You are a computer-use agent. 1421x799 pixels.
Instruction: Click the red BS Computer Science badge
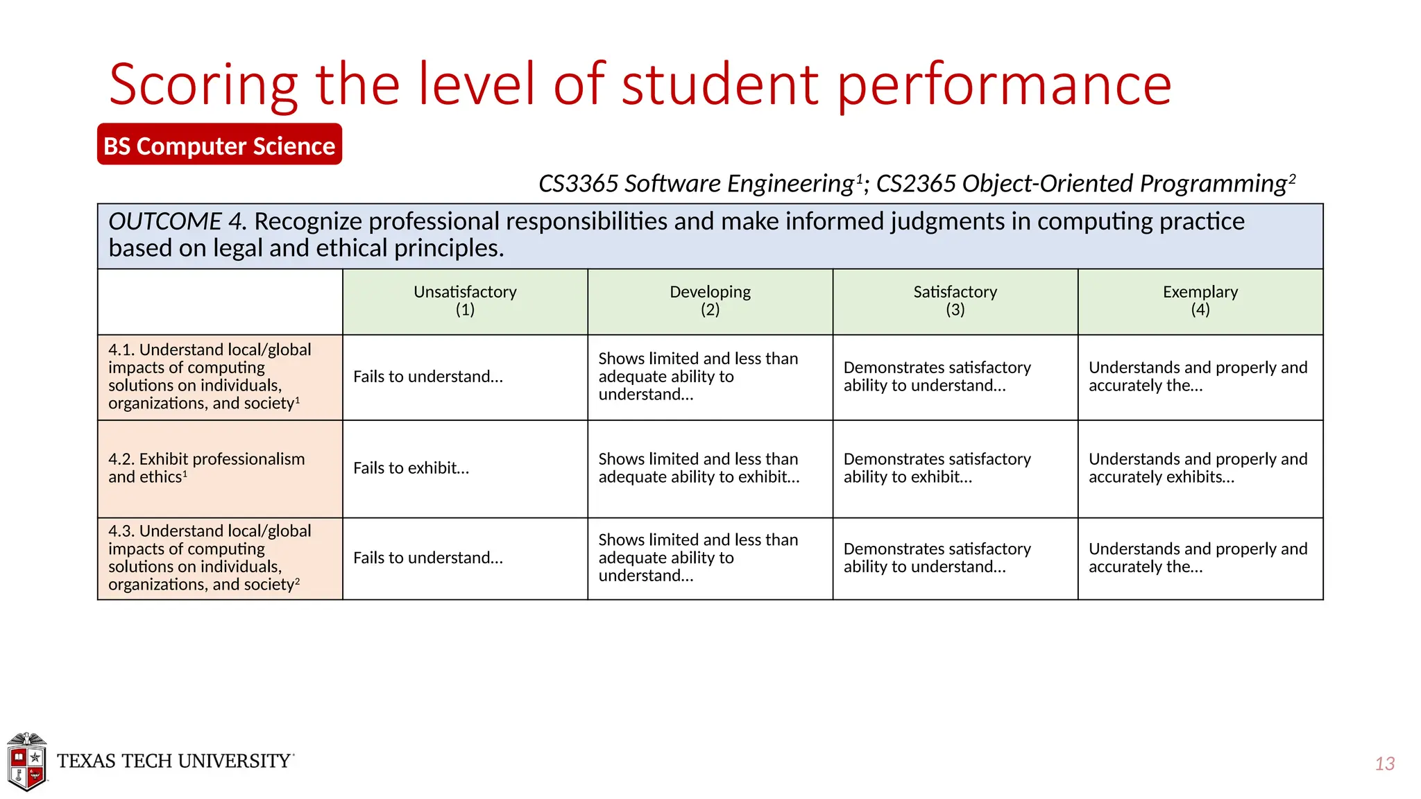point(219,145)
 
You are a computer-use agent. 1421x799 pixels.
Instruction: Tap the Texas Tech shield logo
point(26,762)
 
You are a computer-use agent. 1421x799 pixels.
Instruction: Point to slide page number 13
point(1384,764)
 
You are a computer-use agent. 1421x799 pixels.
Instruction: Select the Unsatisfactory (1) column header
point(465,301)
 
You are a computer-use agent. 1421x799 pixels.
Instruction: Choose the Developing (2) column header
point(710,301)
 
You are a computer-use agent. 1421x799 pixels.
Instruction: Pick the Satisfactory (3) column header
point(955,301)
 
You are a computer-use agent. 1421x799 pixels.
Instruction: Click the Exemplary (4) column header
point(1200,301)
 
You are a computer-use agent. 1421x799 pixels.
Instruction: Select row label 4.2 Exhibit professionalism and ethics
point(206,468)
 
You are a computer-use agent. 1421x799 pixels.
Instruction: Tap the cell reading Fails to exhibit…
point(411,468)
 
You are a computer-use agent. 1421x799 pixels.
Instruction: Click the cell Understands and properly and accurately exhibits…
point(1198,468)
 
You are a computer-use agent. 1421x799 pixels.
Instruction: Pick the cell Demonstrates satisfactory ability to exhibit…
point(937,468)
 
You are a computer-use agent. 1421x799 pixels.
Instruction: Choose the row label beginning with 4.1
point(209,377)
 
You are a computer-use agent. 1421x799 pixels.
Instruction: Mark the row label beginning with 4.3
point(209,558)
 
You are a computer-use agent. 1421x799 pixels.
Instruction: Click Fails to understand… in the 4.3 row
point(427,558)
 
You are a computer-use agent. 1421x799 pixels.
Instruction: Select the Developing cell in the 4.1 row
point(698,377)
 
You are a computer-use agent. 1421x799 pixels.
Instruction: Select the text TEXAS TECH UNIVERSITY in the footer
point(174,761)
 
